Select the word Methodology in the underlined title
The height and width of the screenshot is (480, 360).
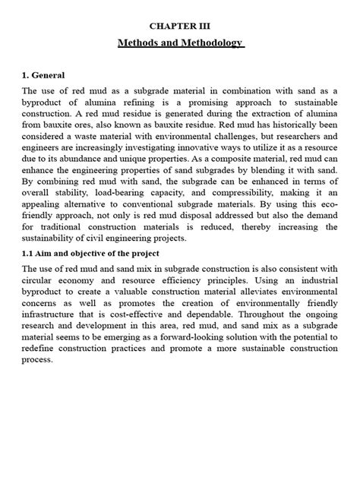tap(206, 43)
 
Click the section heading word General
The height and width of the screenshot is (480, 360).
tap(49, 76)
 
